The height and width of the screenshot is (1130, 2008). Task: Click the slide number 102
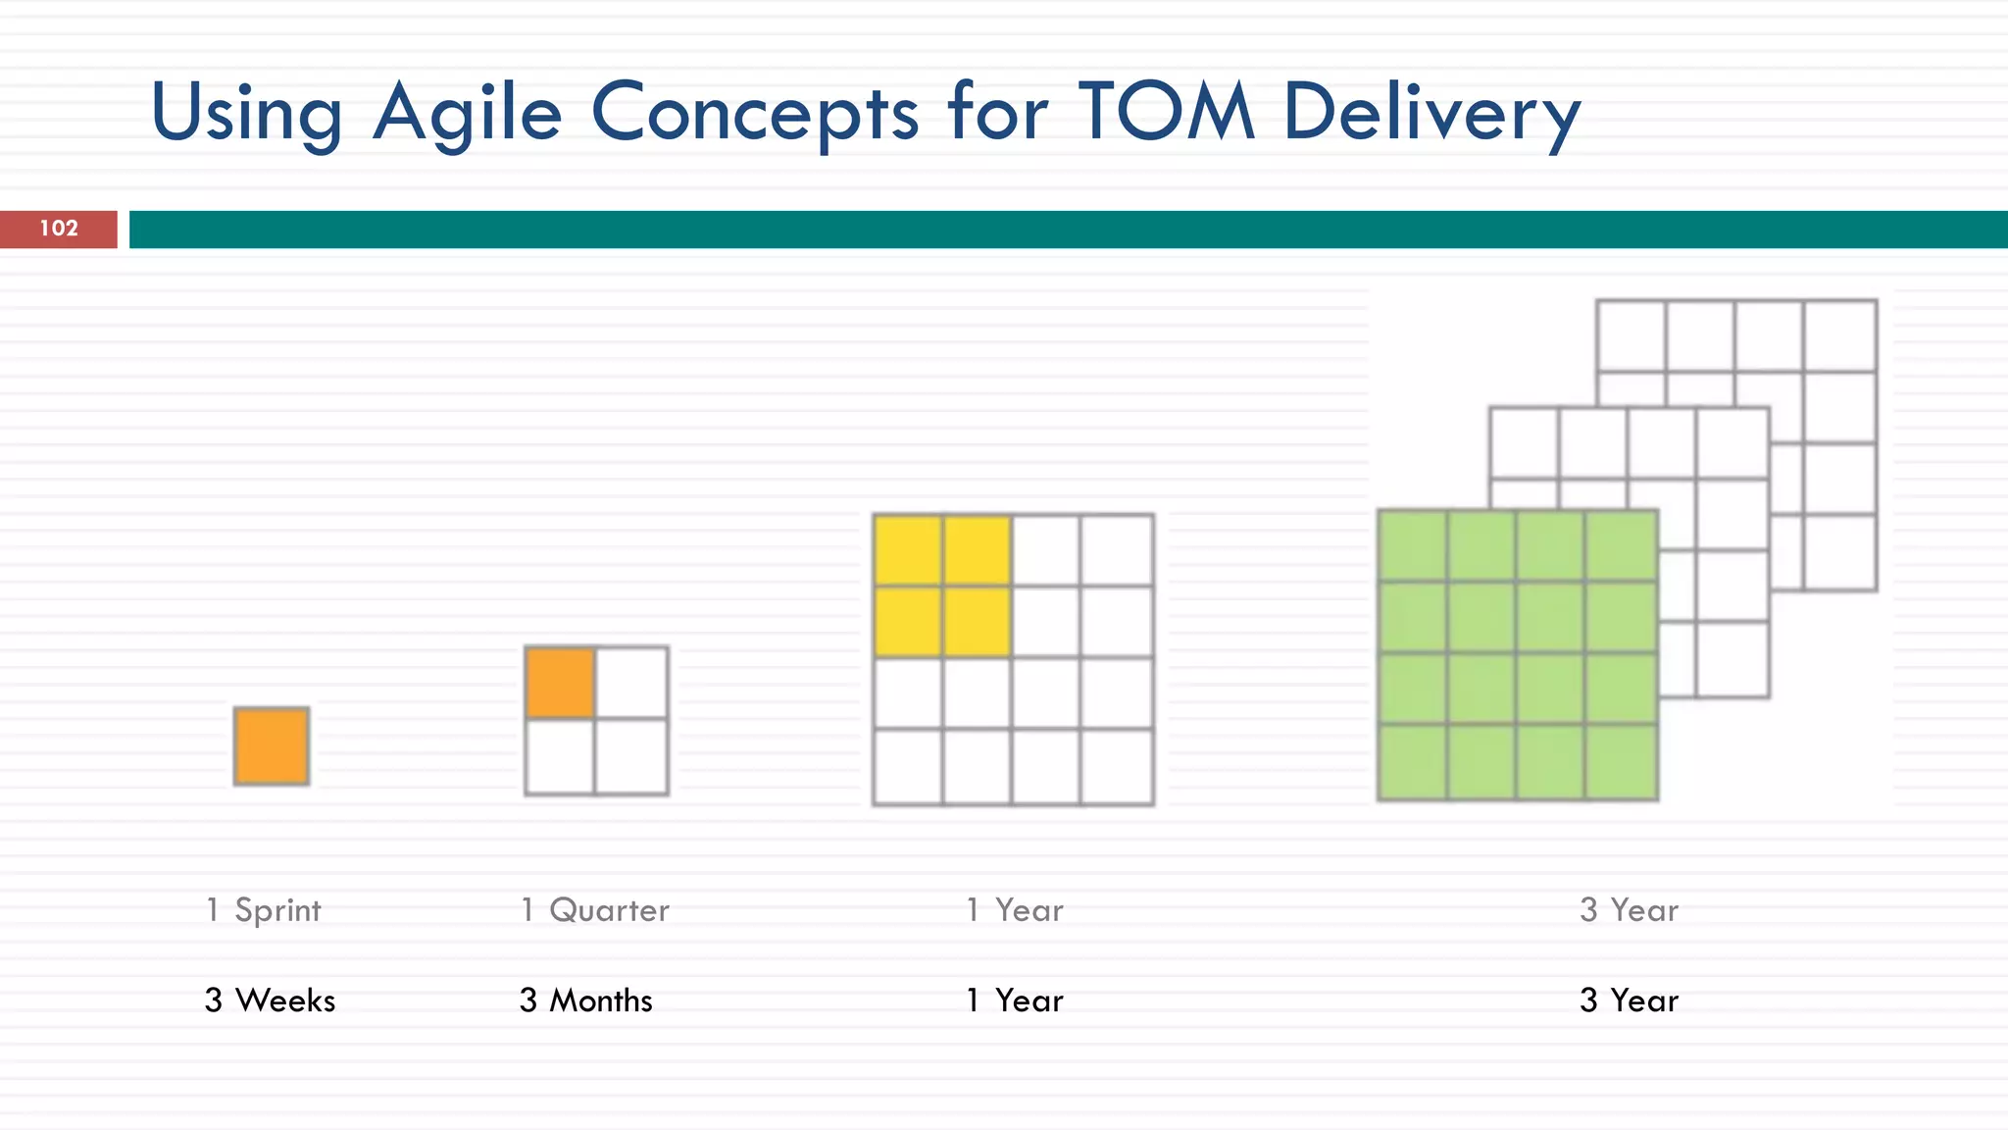59,229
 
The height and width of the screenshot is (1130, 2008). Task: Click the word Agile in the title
468,113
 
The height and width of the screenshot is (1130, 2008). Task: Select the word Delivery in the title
1431,113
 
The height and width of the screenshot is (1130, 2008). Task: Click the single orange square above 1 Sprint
272,745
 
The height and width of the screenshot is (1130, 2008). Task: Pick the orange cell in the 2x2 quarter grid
560,683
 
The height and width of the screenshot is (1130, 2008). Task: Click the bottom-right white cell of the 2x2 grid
631,756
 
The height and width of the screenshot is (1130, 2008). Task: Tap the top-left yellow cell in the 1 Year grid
908,550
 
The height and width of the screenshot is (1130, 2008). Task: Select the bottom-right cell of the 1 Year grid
1117,766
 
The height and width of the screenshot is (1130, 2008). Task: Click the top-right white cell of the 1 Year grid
1117,550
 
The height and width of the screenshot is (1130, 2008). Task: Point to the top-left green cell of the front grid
1412,545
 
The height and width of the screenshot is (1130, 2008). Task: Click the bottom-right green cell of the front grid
1621,762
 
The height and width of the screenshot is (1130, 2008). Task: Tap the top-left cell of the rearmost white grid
1631,335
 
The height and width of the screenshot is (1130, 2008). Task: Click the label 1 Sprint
263,910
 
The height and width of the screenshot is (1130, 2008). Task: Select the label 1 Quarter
594,910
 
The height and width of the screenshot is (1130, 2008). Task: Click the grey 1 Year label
1014,910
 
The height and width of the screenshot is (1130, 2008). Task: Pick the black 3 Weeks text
270,1001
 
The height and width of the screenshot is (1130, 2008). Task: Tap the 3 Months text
585,1001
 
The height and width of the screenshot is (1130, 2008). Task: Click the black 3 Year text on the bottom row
1629,1001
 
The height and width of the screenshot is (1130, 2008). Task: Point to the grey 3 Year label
1629,910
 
